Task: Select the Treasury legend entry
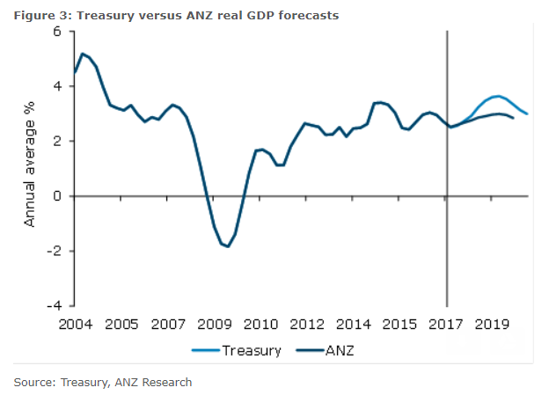pos(251,350)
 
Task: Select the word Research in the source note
pos(167,382)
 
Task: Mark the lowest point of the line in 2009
pos(228,246)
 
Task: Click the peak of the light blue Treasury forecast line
pos(498,96)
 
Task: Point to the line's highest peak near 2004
pos(83,55)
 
